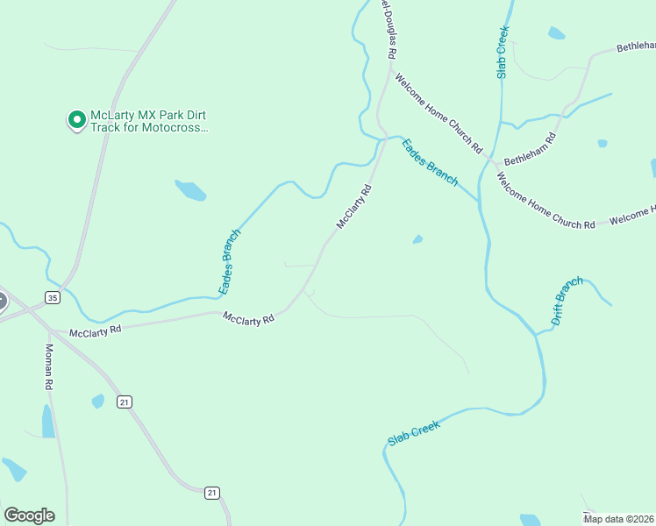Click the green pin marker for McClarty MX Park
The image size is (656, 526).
tap(76, 119)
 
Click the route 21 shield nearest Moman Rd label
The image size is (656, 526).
tap(125, 402)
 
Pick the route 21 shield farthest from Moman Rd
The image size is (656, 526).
tap(211, 494)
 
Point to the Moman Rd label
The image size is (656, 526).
tap(49, 366)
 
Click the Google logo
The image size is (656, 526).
tap(29, 515)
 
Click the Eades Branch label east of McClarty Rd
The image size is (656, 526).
tap(430, 162)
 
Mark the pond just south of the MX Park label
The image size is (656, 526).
tap(190, 189)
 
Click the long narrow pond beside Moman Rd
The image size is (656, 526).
tap(48, 422)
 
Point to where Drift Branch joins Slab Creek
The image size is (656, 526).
tap(535, 333)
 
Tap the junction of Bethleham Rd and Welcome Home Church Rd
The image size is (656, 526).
tap(496, 164)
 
